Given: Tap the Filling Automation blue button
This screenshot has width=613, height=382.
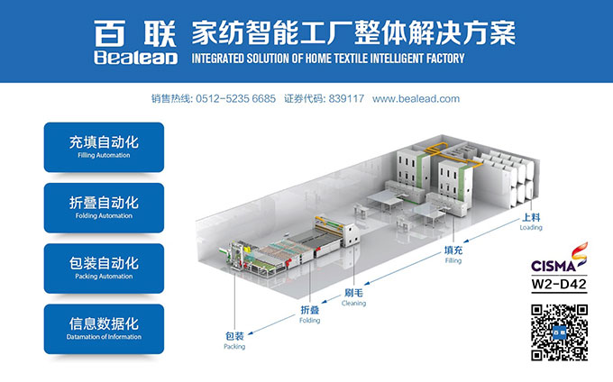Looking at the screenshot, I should tap(104, 147).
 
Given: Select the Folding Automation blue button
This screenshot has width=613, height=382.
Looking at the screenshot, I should tap(104, 208).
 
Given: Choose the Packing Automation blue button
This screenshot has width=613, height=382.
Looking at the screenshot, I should tap(104, 268).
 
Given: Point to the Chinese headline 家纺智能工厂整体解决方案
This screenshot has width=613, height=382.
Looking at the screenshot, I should tap(353, 34).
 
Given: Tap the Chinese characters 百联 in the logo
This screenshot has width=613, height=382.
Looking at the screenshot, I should tap(135, 33).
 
